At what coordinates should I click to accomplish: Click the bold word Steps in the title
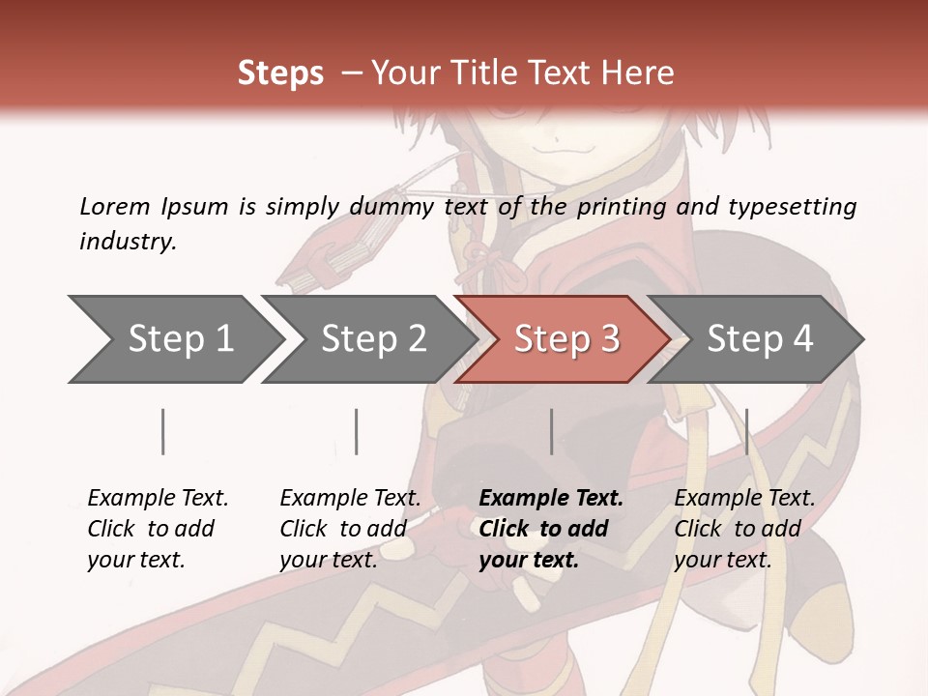point(280,73)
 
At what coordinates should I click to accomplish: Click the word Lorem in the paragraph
point(114,206)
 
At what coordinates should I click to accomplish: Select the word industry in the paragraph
point(128,241)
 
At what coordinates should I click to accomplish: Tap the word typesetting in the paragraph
point(792,206)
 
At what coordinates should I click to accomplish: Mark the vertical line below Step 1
point(163,431)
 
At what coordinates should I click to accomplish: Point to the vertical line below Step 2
point(357,431)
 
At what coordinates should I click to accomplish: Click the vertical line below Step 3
point(552,431)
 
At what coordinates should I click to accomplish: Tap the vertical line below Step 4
point(747,431)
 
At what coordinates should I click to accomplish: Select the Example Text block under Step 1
point(158,529)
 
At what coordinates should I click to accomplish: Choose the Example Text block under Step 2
point(350,529)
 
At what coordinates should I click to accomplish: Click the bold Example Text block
point(551,529)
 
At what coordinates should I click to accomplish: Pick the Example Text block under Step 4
point(744,529)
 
